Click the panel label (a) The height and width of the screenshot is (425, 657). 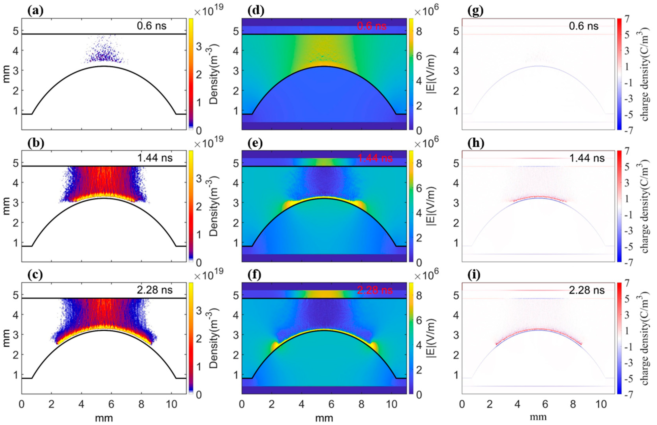(35, 11)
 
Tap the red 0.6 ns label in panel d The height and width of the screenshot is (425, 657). (372, 26)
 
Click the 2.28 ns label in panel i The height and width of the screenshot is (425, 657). (587, 290)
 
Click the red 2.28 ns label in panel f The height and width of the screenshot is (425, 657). (375, 290)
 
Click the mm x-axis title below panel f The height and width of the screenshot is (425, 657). (324, 418)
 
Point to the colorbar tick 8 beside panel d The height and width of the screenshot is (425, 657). (419, 32)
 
